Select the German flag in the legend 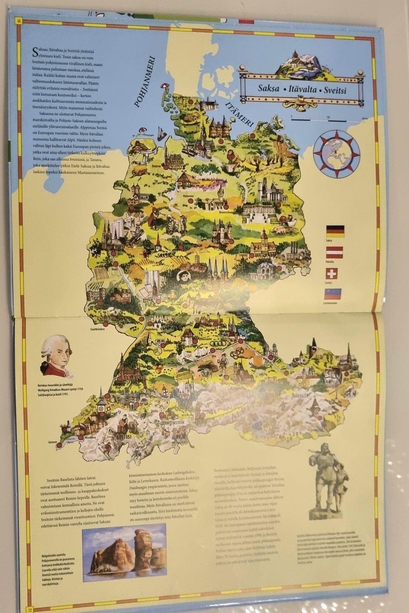tap(335, 231)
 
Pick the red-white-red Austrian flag tap(334, 253)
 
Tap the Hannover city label tap(188, 196)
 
